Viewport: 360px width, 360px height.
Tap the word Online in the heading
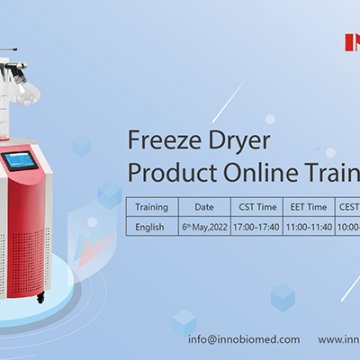click(x=244, y=171)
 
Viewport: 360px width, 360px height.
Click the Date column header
click(x=204, y=208)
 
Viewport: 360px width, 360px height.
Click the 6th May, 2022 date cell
click(x=204, y=226)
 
